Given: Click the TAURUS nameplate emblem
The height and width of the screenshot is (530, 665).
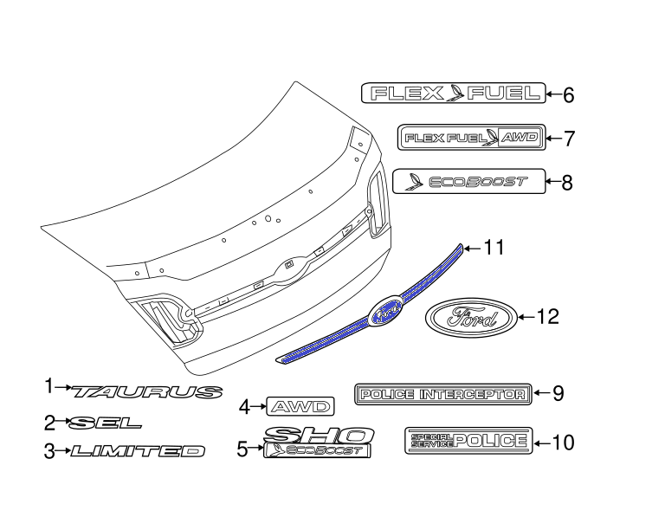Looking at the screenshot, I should [x=148, y=391].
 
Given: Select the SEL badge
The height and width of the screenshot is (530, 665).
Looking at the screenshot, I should [x=105, y=423].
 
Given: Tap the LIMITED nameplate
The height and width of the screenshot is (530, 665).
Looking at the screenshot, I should [x=139, y=450].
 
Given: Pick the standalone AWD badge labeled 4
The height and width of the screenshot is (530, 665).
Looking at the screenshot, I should [x=300, y=405].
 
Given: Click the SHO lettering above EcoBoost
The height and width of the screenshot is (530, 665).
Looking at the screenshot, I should [x=320, y=435].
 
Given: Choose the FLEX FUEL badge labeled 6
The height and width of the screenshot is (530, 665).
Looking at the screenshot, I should [x=453, y=93].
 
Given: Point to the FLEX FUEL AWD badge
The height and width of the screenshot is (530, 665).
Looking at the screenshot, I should [x=472, y=137].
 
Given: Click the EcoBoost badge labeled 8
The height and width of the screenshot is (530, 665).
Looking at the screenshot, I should [x=469, y=181].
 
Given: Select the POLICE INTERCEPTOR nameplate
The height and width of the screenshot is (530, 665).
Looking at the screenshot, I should [x=442, y=394].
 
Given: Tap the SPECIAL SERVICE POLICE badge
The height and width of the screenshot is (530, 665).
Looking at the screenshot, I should [x=467, y=441].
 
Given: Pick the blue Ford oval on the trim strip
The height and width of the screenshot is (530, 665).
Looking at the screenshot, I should [x=384, y=313].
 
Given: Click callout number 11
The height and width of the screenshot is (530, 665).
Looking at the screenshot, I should [x=493, y=249].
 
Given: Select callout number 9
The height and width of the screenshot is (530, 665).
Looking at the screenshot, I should [x=558, y=393].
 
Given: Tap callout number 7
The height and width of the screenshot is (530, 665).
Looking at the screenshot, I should [x=569, y=138].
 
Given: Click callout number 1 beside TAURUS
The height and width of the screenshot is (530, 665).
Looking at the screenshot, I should [x=49, y=386].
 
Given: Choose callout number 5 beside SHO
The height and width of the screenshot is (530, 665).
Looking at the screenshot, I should [x=242, y=448].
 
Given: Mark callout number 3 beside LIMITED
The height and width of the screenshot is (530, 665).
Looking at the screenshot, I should [x=49, y=450].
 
